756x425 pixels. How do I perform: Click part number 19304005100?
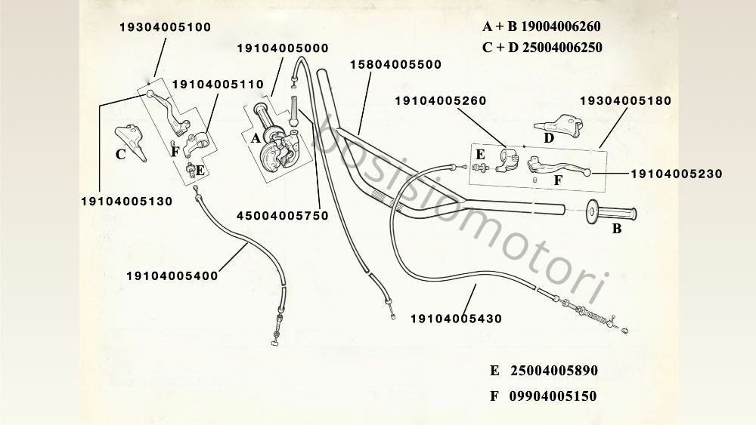[x=166, y=27]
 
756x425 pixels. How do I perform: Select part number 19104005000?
[x=283, y=48]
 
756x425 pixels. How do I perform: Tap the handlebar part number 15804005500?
[x=396, y=64]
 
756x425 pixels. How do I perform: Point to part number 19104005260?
[x=441, y=101]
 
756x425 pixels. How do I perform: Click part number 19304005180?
[x=625, y=101]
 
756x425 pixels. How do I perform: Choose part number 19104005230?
[x=677, y=174]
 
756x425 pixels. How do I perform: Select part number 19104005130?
[x=127, y=202]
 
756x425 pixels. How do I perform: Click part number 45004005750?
[x=283, y=216]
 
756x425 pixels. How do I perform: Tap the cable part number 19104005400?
[x=172, y=276]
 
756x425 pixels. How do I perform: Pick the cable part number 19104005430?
[x=456, y=319]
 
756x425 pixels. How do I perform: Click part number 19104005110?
[x=218, y=85]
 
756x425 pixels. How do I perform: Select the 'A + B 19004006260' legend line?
[x=541, y=26]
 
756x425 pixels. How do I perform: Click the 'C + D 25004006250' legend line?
[x=542, y=48]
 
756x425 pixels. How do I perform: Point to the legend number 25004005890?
[x=554, y=371]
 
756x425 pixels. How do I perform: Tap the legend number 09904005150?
[x=553, y=396]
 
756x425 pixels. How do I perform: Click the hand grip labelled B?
[x=611, y=212]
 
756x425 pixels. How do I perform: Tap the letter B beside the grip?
[x=617, y=229]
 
